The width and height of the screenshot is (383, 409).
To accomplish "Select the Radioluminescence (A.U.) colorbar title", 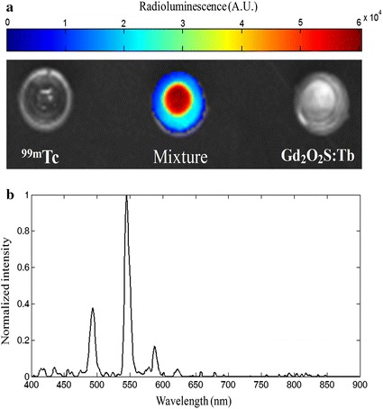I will [190, 6].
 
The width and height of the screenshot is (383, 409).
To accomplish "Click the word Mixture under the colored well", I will [181, 158].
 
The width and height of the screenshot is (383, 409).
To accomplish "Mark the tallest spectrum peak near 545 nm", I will [127, 199].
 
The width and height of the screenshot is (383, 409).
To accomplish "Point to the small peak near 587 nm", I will [154, 347].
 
